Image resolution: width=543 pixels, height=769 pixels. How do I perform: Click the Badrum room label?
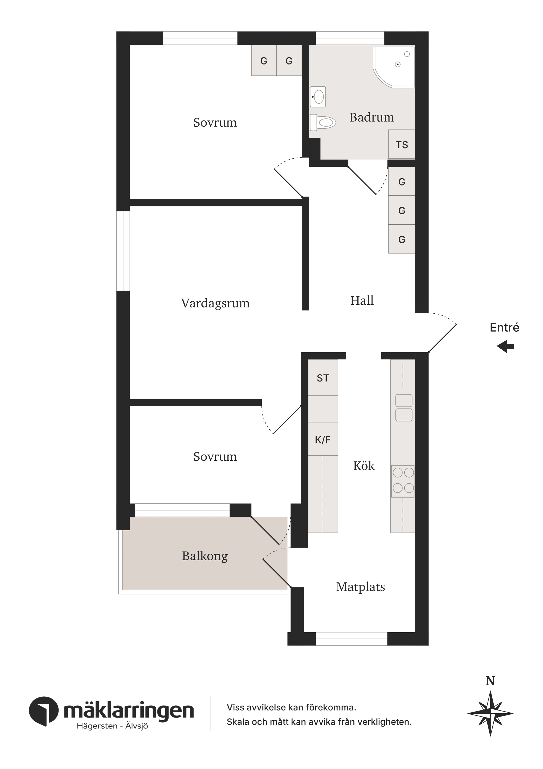tap(371, 117)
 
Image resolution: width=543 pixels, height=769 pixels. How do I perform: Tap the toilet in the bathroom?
tap(322, 122)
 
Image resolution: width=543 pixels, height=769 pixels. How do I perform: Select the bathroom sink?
tap(318, 97)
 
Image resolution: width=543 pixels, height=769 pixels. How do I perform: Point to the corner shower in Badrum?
tap(394, 67)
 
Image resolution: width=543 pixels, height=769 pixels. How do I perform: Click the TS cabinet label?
tap(402, 145)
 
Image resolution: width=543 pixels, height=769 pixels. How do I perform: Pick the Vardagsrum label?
tap(215, 303)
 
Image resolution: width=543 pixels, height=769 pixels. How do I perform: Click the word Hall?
tap(362, 300)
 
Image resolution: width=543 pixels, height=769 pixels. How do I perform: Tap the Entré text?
tap(505, 327)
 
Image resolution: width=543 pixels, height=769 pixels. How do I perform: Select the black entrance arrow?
tap(505, 347)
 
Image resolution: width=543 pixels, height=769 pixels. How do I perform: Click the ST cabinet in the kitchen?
tap(323, 377)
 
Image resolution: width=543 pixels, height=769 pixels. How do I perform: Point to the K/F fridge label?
tap(323, 440)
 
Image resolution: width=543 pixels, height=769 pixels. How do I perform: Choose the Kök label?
tap(364, 466)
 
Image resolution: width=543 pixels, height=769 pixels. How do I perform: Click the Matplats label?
tap(360, 587)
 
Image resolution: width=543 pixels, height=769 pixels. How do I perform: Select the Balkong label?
tap(205, 556)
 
